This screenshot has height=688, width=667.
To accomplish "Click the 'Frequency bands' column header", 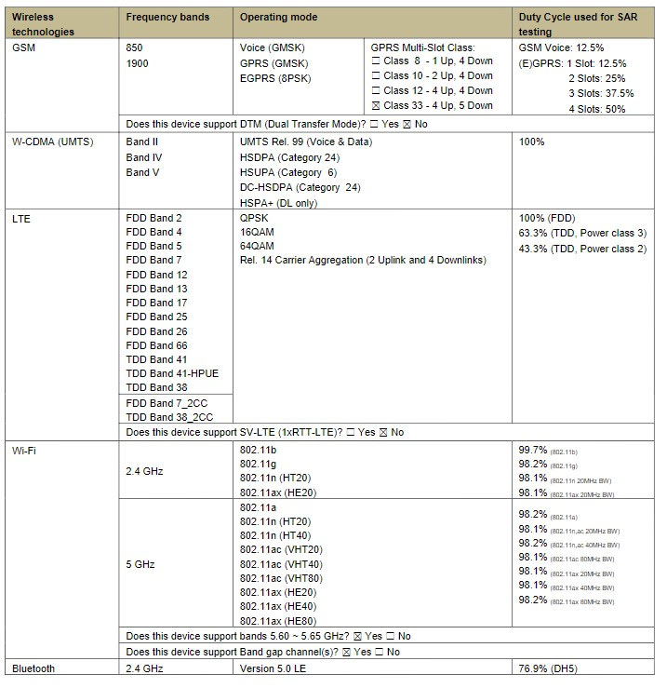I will [x=167, y=17].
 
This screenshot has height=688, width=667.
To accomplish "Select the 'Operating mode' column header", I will [x=278, y=17].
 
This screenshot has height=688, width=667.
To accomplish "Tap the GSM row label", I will [x=24, y=47].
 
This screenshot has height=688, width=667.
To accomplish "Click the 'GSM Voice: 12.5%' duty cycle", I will [x=561, y=47].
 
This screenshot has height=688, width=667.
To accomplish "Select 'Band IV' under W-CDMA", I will [x=143, y=157].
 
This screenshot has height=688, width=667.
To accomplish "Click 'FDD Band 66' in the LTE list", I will [x=156, y=345].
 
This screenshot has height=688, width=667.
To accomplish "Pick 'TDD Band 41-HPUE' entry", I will [x=172, y=373].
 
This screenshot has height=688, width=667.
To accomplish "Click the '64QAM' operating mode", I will [x=256, y=246].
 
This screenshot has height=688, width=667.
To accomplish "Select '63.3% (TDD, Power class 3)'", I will [x=581, y=233].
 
